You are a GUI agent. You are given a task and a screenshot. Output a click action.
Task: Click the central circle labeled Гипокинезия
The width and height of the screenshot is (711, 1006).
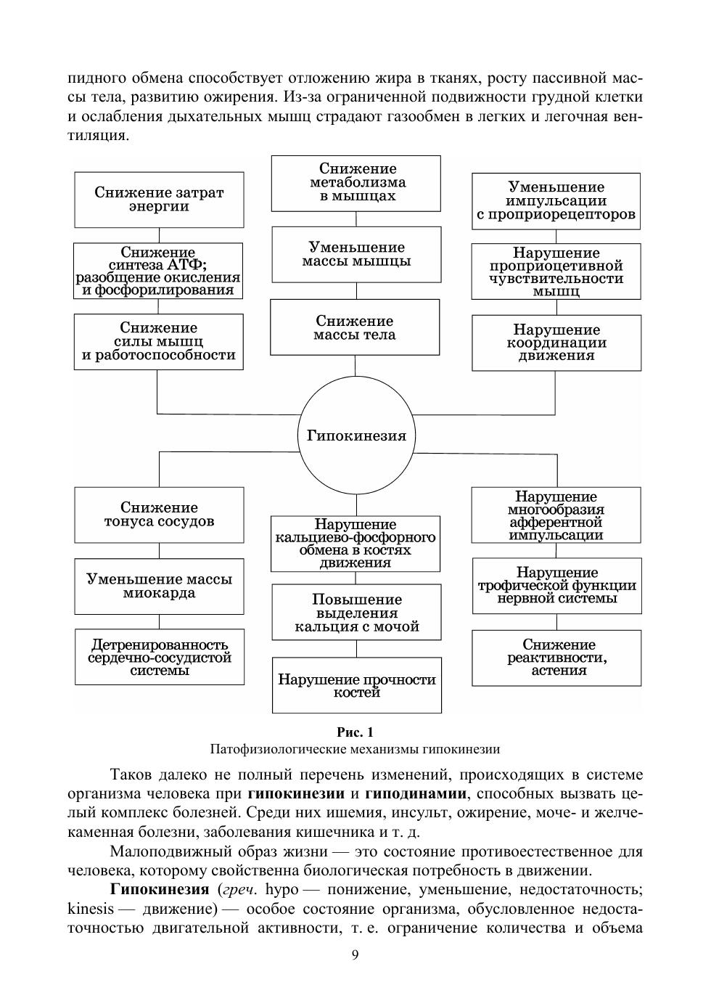[x=356, y=435]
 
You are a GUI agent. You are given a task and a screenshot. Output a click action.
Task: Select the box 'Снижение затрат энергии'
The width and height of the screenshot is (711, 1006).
[x=159, y=200]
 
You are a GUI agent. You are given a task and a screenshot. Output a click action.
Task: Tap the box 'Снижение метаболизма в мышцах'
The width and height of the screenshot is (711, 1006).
[x=356, y=183]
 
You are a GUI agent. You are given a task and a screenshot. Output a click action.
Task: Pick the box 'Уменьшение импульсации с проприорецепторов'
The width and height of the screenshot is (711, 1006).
[x=556, y=201]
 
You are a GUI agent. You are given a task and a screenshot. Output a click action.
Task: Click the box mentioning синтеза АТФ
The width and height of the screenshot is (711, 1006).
[x=158, y=271]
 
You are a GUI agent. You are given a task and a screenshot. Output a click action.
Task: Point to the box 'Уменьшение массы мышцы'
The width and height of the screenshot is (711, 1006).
[x=356, y=254]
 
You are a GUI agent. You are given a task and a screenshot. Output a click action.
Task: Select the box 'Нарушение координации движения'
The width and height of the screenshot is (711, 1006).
[x=556, y=343]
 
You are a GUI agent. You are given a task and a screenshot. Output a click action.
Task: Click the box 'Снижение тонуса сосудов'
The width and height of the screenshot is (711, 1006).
[x=159, y=515]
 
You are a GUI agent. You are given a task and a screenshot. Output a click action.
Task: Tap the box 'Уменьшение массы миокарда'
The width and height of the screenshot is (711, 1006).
[x=159, y=586]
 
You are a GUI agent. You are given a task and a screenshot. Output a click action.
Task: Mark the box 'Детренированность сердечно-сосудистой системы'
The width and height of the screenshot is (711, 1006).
[x=160, y=657]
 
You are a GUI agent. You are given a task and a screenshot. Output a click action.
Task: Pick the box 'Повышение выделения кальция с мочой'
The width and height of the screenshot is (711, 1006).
[x=356, y=613]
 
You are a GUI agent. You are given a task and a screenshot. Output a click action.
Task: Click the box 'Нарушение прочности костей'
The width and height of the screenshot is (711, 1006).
[x=357, y=685]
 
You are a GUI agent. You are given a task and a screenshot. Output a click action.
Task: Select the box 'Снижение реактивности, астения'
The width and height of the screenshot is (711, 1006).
[x=556, y=658]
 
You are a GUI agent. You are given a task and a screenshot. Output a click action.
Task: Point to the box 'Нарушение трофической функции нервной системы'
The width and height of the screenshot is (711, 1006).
[x=557, y=585]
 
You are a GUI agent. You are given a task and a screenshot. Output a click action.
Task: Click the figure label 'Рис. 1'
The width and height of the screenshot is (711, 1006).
[x=355, y=732]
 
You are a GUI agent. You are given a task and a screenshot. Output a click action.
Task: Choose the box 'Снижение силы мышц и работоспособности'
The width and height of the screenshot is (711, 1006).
[x=159, y=342]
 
